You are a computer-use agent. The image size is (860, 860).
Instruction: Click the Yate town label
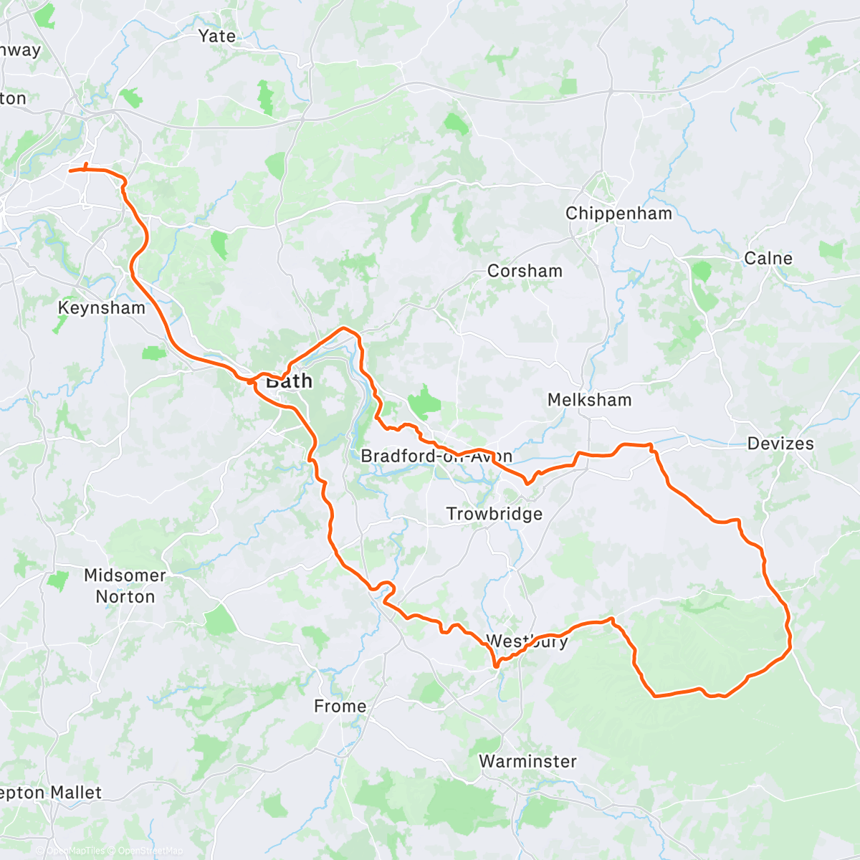tap(216, 36)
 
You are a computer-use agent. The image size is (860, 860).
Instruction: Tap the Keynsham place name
tap(101, 308)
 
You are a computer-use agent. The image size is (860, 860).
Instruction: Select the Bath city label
tap(289, 381)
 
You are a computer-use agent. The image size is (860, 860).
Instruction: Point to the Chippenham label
tap(618, 214)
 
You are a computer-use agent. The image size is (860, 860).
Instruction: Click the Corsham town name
tap(525, 271)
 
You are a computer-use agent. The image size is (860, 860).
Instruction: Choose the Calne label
tap(768, 258)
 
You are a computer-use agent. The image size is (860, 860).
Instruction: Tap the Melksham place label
tap(589, 400)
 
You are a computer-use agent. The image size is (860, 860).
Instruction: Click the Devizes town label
tap(780, 444)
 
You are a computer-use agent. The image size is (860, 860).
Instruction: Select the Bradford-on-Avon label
tap(436, 457)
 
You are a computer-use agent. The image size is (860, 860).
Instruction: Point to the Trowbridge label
tap(494, 514)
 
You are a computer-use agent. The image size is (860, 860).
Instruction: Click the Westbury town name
tap(527, 641)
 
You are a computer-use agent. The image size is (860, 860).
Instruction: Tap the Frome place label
tap(340, 707)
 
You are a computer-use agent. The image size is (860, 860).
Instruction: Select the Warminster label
tap(527, 761)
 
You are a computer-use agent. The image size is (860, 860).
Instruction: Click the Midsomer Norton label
tap(125, 586)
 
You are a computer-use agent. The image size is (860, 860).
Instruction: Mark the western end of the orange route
tap(70, 171)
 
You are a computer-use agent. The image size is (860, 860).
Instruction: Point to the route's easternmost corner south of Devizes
tap(790, 649)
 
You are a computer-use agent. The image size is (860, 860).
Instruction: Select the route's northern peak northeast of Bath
tap(345, 328)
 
